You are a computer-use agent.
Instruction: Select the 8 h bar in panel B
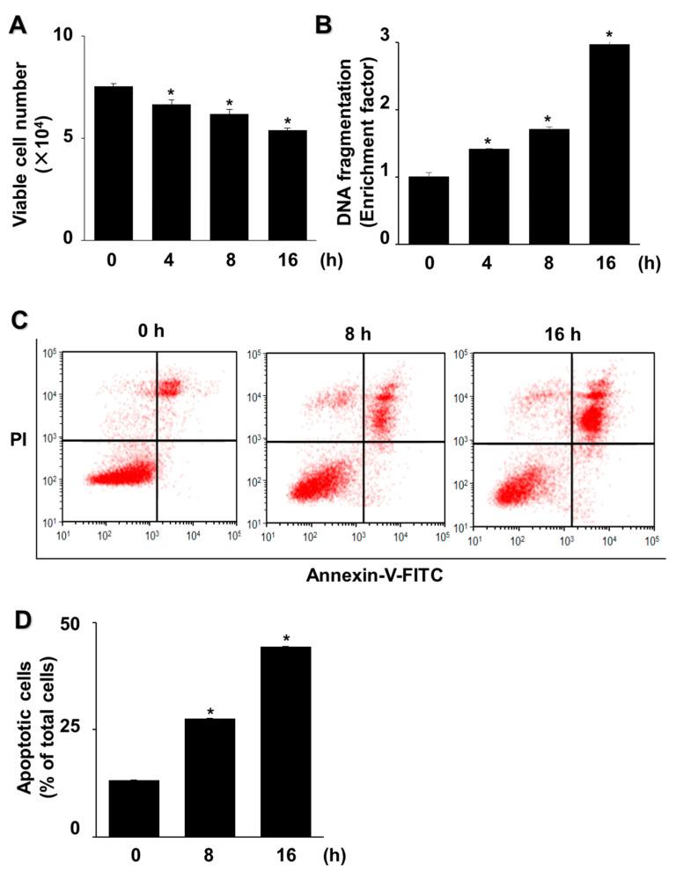[x=543, y=187]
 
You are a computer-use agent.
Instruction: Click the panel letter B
[x=324, y=24]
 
